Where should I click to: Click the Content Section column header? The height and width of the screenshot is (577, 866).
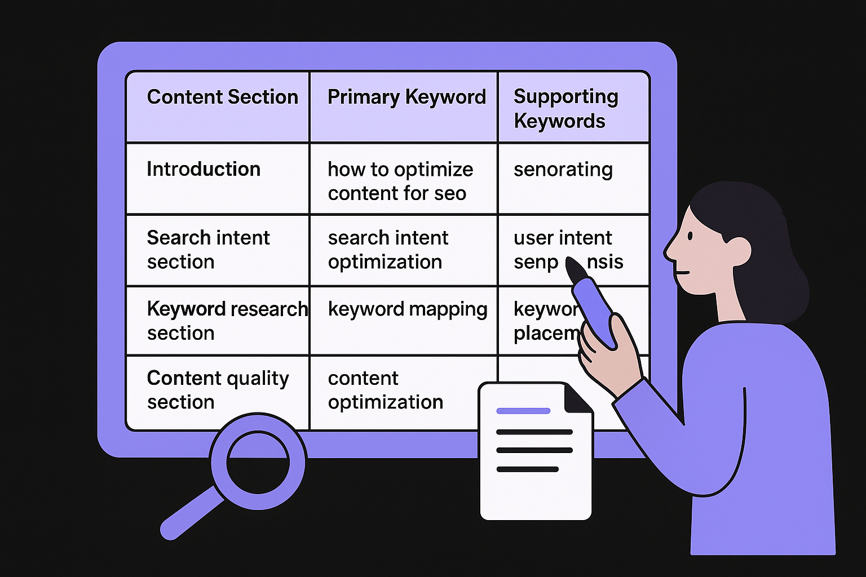(222, 97)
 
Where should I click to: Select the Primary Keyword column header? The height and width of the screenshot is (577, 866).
(406, 97)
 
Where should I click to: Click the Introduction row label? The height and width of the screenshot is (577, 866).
(204, 169)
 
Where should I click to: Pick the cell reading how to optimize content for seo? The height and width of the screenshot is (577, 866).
(400, 181)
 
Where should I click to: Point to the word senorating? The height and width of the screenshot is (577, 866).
(563, 169)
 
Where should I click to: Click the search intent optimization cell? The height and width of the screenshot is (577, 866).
(388, 250)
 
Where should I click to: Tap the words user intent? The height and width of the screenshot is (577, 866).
(562, 238)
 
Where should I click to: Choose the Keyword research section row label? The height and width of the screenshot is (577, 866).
(226, 321)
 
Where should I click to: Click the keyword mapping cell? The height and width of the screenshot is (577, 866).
(407, 309)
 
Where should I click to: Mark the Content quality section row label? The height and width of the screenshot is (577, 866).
(218, 390)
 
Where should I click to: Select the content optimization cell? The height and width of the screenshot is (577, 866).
(385, 390)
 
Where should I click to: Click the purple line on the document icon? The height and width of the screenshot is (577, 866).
(523, 411)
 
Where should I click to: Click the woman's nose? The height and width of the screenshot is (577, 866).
(669, 251)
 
